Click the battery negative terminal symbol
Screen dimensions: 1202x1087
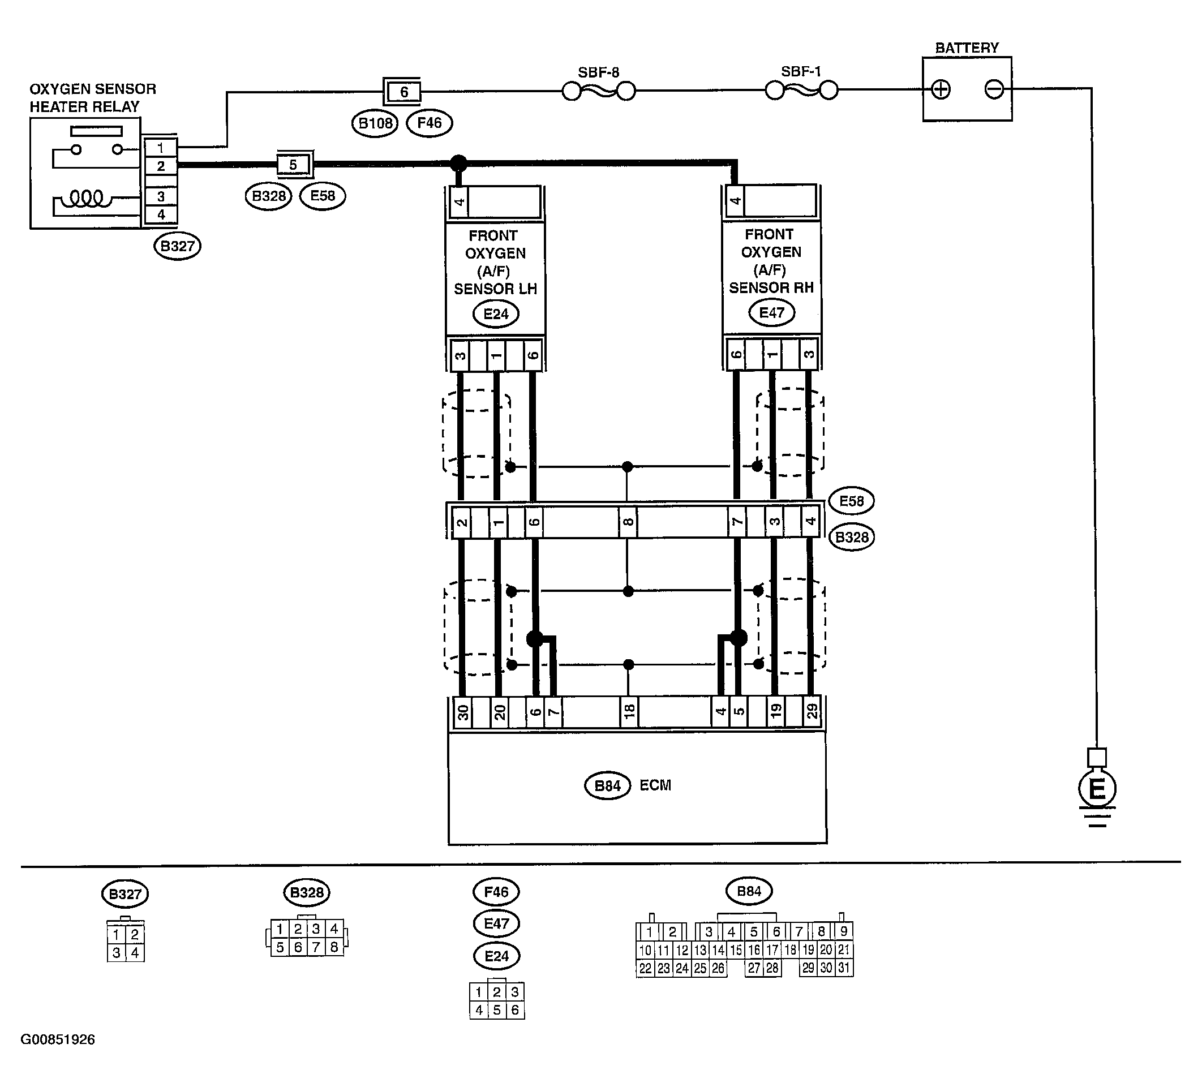994,90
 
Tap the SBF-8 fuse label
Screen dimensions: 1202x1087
598,73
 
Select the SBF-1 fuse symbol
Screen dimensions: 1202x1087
801,91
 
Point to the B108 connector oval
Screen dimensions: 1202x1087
375,123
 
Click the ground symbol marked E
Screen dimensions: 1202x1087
1097,789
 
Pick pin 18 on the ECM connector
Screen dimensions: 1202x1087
629,712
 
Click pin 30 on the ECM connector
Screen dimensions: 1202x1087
463,712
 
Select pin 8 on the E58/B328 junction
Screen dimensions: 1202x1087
628,522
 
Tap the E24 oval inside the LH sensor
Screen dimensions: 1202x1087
496,313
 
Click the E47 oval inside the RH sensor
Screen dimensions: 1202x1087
771,312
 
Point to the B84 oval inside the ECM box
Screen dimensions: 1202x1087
608,786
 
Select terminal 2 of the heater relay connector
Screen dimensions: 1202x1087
161,166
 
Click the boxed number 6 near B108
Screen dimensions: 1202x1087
403,92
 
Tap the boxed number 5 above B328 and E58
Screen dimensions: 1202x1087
293,165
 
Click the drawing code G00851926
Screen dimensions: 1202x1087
58,1039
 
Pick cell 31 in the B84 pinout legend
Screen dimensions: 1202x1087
844,968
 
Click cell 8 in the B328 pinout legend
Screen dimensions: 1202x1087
334,947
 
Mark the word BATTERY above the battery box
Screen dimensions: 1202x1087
967,48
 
